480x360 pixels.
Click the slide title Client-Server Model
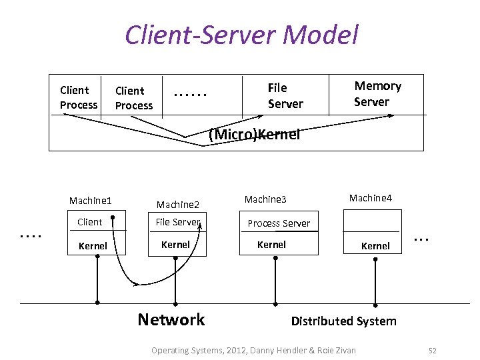tap(241, 35)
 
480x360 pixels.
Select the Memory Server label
tap(377, 94)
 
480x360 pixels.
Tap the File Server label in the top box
tap(285, 96)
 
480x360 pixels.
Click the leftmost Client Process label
tap(78, 97)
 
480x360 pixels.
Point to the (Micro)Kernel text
tap(254, 135)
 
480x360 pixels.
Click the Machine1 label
tap(90, 201)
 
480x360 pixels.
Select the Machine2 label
tap(177, 204)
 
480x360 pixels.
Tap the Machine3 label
tap(265, 199)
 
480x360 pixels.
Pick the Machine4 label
tap(371, 198)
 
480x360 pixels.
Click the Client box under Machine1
tap(90, 222)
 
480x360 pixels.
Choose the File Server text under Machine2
tap(177, 222)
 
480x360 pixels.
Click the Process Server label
tap(279, 223)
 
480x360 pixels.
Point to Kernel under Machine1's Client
tap(93, 246)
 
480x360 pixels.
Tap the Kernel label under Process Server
tap(271, 245)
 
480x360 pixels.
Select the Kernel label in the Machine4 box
tap(375, 246)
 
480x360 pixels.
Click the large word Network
tap(171, 319)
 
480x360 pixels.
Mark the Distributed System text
tap(343, 321)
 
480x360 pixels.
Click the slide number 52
tap(432, 350)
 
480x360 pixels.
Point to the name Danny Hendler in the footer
tap(283, 350)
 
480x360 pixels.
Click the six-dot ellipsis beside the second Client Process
tap(190, 95)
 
